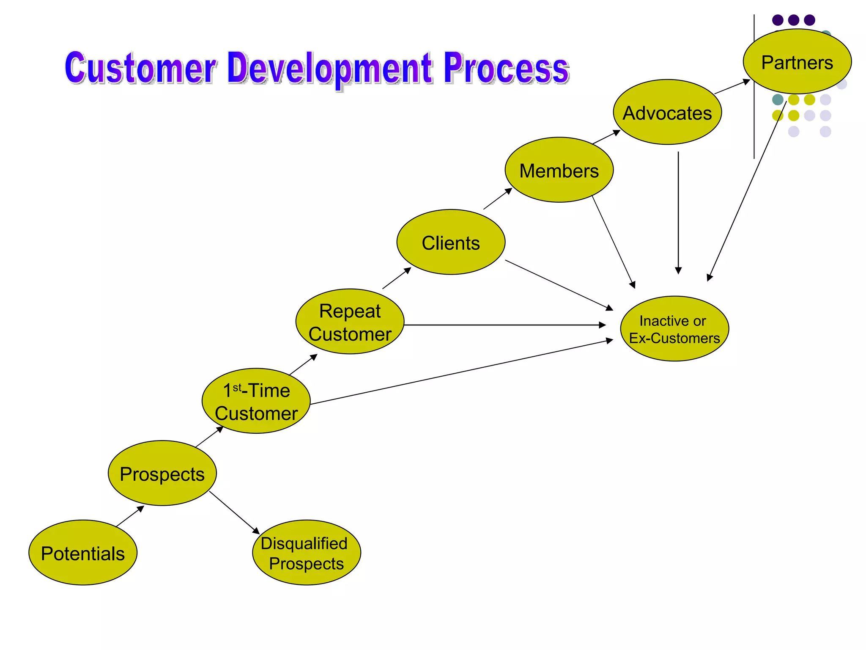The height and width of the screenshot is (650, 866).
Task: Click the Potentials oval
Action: tap(83, 553)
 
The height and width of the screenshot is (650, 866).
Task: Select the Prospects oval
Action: tap(162, 473)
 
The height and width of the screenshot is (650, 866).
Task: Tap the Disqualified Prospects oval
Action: tap(307, 553)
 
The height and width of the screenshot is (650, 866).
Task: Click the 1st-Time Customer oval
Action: tap(256, 401)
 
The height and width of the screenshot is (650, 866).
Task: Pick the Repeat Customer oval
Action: tap(350, 322)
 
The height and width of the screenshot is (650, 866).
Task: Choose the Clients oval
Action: tap(451, 242)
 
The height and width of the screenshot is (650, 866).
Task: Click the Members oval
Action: tap(559, 170)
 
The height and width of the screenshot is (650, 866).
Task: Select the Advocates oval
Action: tap(667, 112)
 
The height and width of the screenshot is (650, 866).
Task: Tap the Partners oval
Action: tap(797, 62)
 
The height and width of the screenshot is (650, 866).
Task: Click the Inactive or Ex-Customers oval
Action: tap(674, 329)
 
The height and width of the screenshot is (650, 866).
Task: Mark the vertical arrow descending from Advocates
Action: tap(678, 212)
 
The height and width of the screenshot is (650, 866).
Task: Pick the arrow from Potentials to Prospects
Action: tap(130, 516)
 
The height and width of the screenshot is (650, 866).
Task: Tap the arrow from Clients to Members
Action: tap(498, 199)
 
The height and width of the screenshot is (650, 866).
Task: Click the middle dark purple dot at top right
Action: tap(794, 20)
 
